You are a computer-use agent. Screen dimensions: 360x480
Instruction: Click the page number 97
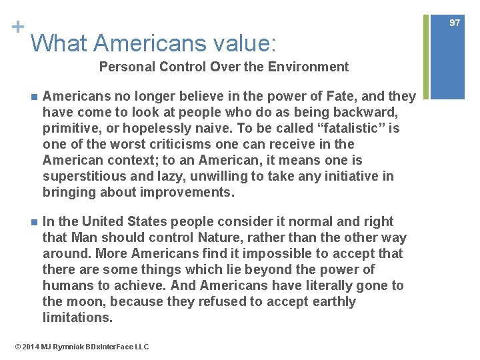(x=455, y=23)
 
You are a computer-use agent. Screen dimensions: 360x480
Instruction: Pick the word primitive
(x=70, y=128)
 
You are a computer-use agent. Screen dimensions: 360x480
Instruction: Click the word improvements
(x=195, y=193)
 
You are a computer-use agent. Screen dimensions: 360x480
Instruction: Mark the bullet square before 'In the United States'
(x=26, y=221)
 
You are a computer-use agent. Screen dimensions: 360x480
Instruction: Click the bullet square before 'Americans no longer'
(x=26, y=97)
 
